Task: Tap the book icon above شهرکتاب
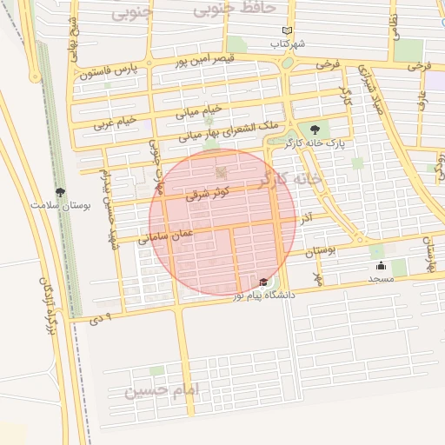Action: pos(288,30)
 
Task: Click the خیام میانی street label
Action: pos(200,110)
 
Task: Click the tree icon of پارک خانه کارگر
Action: pos(326,130)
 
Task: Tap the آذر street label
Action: pos(306,217)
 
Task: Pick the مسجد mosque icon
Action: pos(381,265)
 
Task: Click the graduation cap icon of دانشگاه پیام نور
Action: pos(263,282)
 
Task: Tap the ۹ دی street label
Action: pos(103,317)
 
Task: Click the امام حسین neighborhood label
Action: pos(162,390)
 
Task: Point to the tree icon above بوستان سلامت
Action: pos(60,192)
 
